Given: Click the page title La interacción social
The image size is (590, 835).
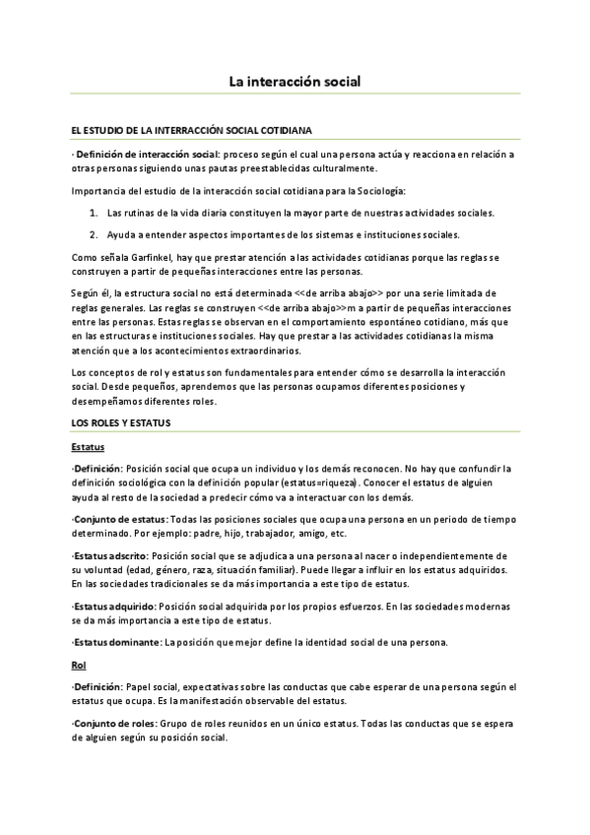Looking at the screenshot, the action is (x=295, y=85).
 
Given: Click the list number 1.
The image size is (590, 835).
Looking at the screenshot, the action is (x=93, y=213).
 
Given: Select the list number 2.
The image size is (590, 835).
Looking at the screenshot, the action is (x=93, y=234).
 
